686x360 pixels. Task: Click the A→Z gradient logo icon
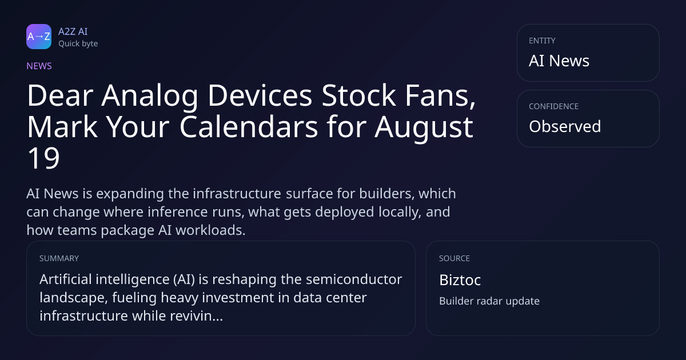(39, 37)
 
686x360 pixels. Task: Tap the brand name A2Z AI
(73, 31)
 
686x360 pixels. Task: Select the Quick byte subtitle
(78, 44)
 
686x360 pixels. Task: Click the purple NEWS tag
(39, 66)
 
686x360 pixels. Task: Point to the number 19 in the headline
(43, 158)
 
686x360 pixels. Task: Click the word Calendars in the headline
(249, 127)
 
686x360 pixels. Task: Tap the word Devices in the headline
(260, 95)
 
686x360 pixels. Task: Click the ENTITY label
(542, 41)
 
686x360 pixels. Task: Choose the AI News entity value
(559, 61)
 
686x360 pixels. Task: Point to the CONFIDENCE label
(554, 106)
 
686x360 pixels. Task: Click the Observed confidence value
(565, 126)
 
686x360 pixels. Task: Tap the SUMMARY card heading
(59, 258)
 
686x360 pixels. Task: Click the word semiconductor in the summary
(354, 279)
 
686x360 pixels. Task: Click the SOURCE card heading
(454, 258)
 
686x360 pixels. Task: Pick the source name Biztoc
(460, 280)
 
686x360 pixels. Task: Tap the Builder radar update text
(489, 301)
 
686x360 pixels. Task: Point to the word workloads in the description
(210, 230)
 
